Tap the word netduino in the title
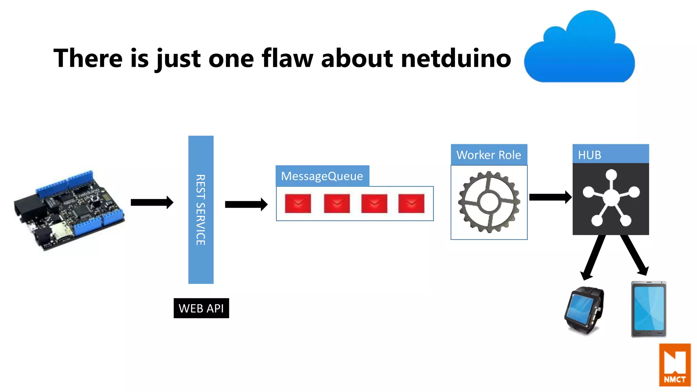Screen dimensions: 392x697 pyautogui.click(x=456, y=59)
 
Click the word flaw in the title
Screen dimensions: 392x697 pyautogui.click(x=287, y=59)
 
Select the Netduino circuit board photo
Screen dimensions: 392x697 pyautogui.click(x=69, y=211)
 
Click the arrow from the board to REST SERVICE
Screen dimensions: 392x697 pyautogui.click(x=152, y=202)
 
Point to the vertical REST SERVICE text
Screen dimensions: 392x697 pyautogui.click(x=200, y=210)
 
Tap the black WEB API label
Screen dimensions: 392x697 pyautogui.click(x=201, y=308)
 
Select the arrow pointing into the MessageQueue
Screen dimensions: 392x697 pyautogui.click(x=246, y=204)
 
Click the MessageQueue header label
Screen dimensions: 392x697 pyautogui.click(x=322, y=176)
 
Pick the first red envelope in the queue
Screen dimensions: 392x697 pyautogui.click(x=298, y=203)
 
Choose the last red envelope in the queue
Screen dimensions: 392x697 pyautogui.click(x=411, y=203)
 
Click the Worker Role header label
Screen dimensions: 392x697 pyautogui.click(x=489, y=155)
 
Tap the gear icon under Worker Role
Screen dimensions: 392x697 pyautogui.click(x=489, y=202)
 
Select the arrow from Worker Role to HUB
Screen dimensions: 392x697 pyautogui.click(x=550, y=197)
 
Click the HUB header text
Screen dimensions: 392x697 pyautogui.click(x=589, y=155)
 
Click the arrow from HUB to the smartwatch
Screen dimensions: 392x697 pyautogui.click(x=594, y=257)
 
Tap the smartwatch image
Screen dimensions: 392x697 pyautogui.click(x=585, y=310)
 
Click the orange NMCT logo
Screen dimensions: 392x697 pyautogui.click(x=675, y=365)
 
